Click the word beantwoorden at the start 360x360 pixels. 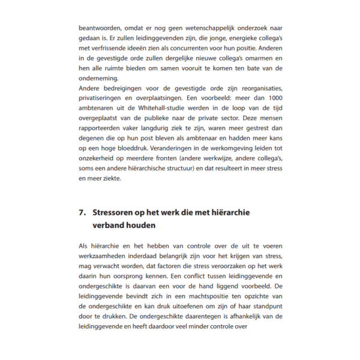pos(98,28)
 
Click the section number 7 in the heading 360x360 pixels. pos(81,212)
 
